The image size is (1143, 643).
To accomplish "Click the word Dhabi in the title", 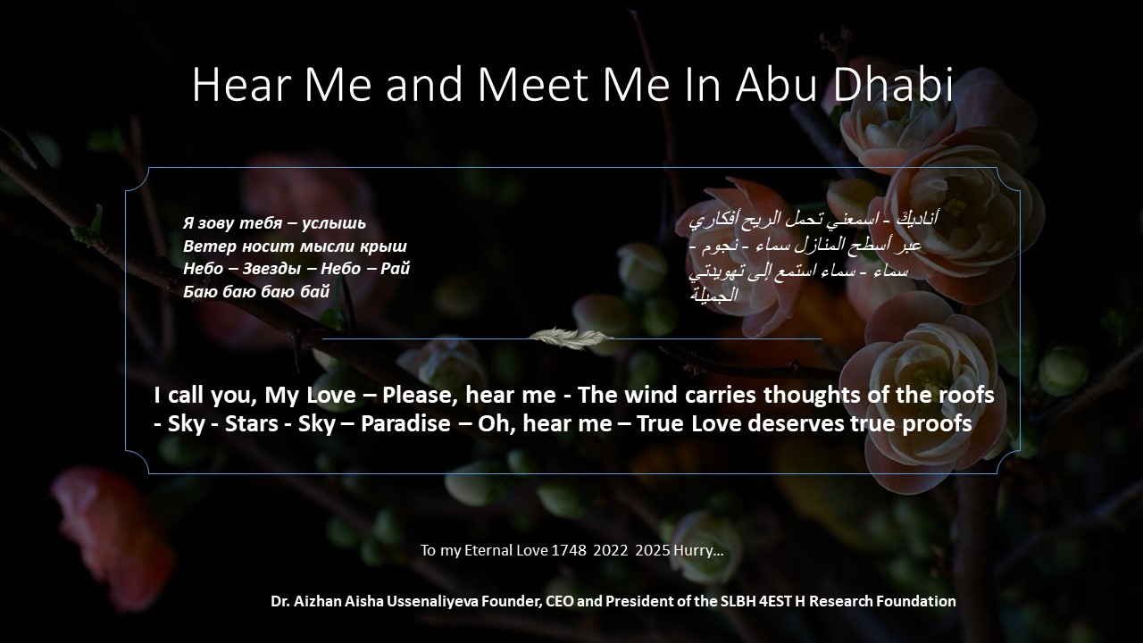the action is coord(893,83).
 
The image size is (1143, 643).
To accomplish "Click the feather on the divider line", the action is coord(571,338).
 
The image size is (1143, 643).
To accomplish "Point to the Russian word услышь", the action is coord(334,223).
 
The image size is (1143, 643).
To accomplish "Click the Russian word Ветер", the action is coord(210,246).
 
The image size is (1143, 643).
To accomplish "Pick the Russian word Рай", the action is coord(396,269).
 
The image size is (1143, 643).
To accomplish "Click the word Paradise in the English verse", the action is coord(405,423).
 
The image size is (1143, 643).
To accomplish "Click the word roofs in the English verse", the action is coord(966,395).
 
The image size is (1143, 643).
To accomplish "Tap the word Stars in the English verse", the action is coord(252,423).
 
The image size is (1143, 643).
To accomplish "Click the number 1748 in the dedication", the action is coord(569,551).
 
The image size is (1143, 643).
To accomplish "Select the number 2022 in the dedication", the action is coord(610,551).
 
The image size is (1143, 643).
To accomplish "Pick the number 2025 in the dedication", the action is coord(653,551).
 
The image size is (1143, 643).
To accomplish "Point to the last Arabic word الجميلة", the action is coord(713,295).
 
